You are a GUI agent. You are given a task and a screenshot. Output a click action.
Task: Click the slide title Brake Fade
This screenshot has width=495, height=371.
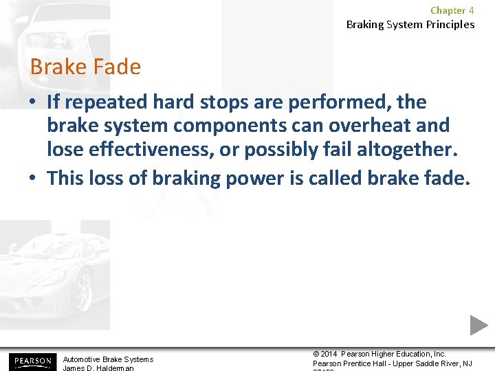(85, 67)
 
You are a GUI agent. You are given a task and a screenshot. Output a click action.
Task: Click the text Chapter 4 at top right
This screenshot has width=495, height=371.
(452, 10)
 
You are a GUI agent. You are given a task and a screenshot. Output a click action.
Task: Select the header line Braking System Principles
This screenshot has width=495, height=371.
(410, 25)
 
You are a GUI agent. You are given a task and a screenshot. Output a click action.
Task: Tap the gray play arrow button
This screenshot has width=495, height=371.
(478, 325)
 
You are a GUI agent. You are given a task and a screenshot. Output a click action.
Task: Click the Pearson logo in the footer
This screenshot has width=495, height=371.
(31, 361)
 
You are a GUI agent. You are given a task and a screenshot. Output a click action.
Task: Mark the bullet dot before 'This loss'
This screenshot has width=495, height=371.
(34, 179)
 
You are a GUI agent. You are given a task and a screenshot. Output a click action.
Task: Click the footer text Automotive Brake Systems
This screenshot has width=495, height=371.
(108, 359)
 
